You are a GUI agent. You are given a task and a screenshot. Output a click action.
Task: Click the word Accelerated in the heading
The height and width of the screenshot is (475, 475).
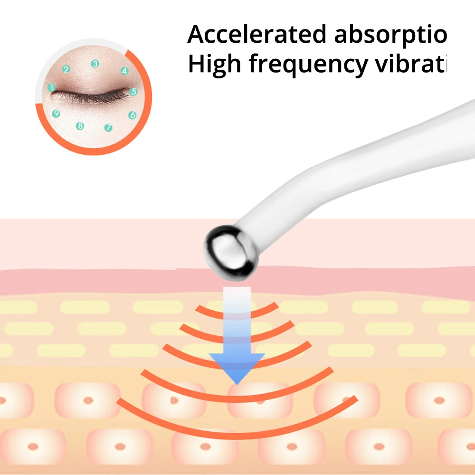click(256, 34)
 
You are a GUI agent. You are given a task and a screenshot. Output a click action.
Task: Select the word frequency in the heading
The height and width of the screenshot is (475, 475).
click(308, 65)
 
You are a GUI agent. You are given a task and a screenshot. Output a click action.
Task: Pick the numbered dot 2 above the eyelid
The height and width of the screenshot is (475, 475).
click(66, 69)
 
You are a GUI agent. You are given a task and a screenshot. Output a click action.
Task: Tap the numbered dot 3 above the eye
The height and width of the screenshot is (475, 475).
click(95, 64)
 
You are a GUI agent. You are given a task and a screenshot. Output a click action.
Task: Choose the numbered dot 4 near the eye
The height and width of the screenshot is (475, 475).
click(124, 71)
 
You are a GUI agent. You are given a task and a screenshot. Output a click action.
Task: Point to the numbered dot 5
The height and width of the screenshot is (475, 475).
click(133, 92)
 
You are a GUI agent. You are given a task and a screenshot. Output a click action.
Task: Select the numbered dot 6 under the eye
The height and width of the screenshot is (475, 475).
click(132, 115)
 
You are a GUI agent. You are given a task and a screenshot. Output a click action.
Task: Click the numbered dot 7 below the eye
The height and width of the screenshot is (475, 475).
click(108, 127)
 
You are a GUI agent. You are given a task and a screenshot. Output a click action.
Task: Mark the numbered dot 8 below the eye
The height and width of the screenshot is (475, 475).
click(80, 126)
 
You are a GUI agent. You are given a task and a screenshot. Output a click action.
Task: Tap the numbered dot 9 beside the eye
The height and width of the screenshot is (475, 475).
click(56, 113)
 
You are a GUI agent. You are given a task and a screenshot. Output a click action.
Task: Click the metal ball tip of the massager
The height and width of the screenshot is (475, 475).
click(231, 251)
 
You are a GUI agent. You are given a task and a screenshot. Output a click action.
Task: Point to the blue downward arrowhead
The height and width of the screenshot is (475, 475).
click(237, 368)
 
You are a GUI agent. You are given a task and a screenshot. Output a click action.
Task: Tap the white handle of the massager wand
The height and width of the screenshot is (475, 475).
click(361, 157)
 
